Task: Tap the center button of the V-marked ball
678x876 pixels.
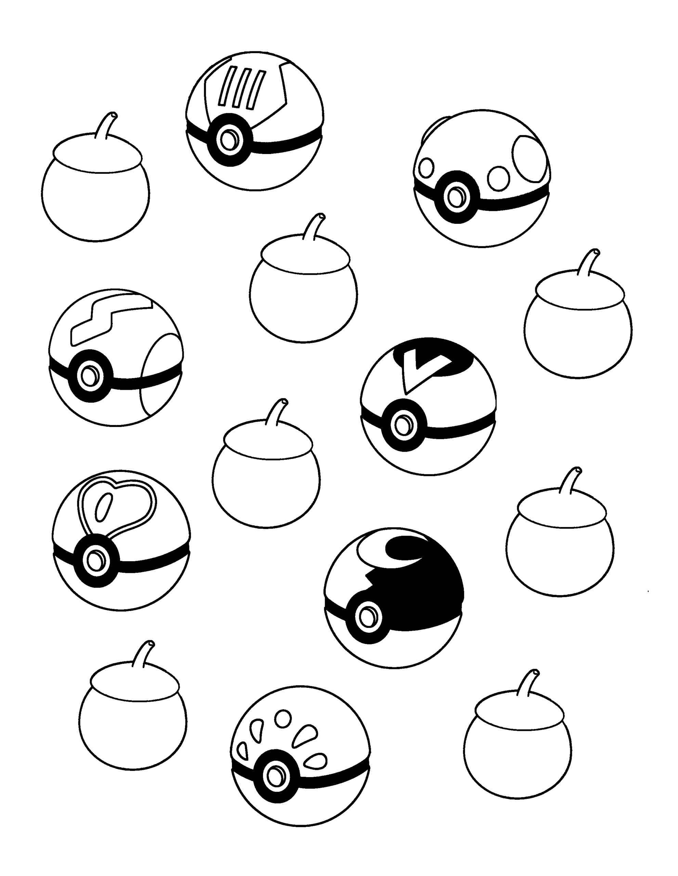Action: click(403, 426)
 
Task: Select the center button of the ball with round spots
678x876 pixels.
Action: click(455, 196)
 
